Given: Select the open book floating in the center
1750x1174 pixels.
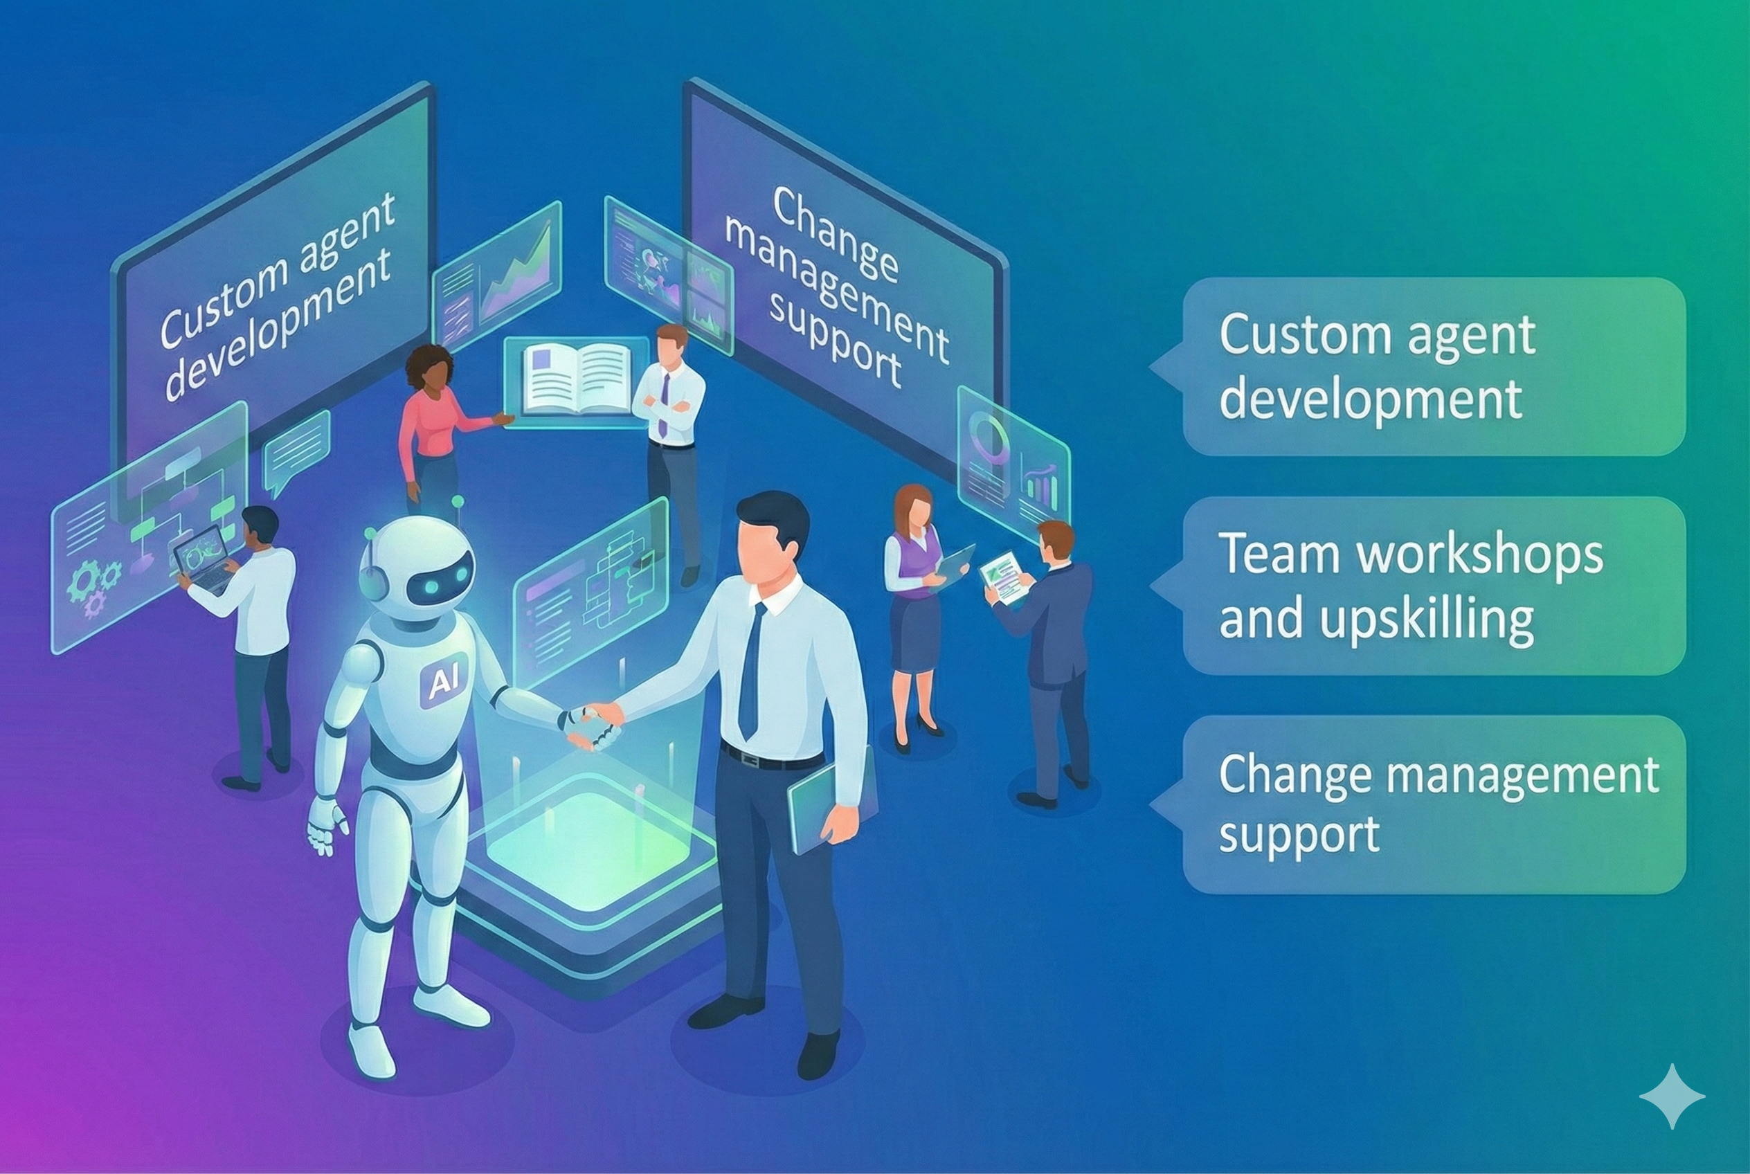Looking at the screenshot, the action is point(577,379).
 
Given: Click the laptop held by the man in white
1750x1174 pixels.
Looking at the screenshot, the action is point(204,558).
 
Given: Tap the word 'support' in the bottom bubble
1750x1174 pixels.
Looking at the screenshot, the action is point(1299,833).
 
